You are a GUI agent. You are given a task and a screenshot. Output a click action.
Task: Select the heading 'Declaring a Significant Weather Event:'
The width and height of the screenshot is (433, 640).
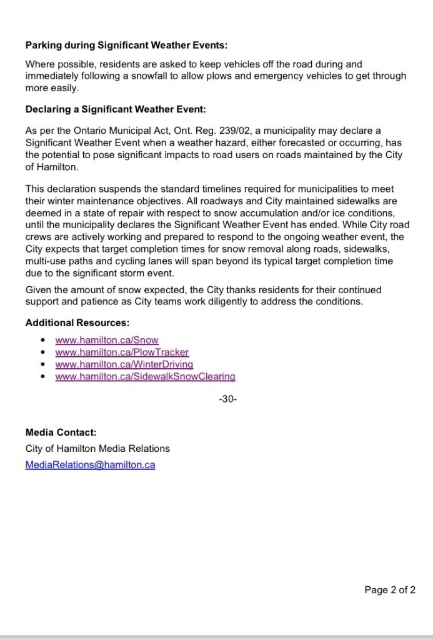coord(116,109)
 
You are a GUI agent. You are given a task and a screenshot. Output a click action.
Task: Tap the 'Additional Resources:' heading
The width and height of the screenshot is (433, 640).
coord(77,322)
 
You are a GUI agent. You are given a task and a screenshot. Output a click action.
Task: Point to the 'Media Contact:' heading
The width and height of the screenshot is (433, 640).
coord(61,432)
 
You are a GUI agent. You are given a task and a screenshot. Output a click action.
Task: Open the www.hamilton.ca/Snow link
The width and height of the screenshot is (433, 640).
coord(107,340)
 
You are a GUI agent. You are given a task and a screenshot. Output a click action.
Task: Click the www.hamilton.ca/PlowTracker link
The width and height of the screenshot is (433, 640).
coord(122,352)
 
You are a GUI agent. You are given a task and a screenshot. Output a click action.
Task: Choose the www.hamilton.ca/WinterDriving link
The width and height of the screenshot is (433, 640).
coord(124,364)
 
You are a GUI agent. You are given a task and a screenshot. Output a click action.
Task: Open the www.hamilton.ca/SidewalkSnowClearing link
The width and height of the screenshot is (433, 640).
coord(145,376)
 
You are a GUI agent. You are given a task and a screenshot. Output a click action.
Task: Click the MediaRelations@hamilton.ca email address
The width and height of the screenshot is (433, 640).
coord(91,464)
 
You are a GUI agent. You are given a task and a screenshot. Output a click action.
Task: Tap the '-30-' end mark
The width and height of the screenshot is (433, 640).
coord(228,399)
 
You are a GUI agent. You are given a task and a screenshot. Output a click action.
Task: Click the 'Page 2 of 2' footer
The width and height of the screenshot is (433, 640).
coord(390,589)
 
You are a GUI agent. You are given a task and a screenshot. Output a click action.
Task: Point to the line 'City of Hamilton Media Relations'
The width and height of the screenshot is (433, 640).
coord(97,448)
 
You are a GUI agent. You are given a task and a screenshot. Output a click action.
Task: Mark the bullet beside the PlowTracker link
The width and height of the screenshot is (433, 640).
coord(42,352)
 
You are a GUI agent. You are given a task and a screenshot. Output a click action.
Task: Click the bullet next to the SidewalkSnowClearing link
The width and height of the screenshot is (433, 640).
coord(42,377)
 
